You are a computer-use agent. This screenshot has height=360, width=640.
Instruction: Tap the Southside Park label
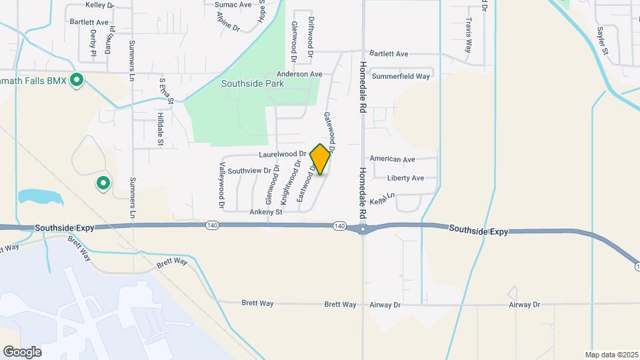[253, 84]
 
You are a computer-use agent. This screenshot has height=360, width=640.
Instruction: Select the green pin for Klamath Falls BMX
[77, 81]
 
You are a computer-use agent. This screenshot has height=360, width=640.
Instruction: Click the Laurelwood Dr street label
[282, 153]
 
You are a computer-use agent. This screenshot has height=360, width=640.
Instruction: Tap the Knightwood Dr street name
[287, 185]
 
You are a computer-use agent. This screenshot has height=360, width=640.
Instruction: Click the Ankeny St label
[266, 212]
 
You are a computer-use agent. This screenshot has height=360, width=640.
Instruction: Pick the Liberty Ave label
[406, 178]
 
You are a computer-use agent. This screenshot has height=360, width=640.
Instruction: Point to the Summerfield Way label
[401, 76]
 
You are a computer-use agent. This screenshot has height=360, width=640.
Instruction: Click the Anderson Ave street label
[299, 74]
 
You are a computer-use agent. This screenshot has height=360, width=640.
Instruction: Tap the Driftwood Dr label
[311, 37]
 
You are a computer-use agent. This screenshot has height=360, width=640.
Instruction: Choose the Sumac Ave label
[233, 4]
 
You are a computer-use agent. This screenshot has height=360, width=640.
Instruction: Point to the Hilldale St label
[160, 128]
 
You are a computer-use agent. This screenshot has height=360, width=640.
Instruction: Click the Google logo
[22, 351]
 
